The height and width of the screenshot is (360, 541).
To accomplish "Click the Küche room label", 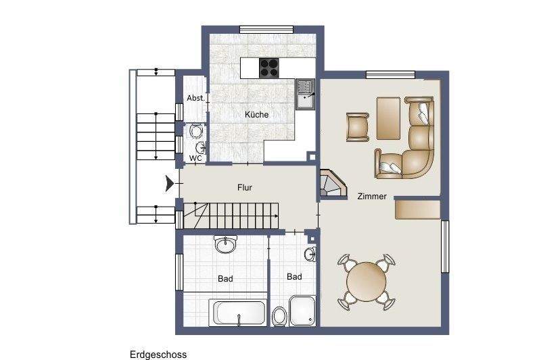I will (x=257, y=115).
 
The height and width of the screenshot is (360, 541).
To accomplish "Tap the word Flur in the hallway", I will (x=245, y=188).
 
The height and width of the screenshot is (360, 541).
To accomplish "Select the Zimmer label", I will (x=372, y=197).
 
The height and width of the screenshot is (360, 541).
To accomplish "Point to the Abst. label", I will (x=195, y=99).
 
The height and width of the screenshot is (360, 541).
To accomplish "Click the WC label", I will (x=195, y=158).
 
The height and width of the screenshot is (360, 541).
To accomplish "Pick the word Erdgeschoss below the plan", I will (x=158, y=354).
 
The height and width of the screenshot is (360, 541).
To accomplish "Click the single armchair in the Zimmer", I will (x=358, y=126).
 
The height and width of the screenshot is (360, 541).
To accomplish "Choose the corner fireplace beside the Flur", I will (x=331, y=184).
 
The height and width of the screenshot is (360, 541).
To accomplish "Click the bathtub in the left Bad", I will (x=240, y=312).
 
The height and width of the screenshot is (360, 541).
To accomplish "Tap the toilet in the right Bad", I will (x=279, y=316).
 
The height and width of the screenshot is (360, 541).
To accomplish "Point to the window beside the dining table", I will (x=446, y=247).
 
